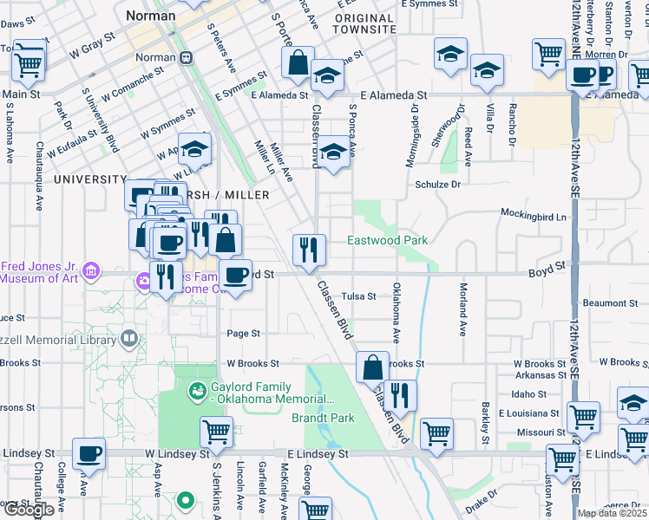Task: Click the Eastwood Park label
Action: (388, 240)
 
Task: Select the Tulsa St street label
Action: (358, 296)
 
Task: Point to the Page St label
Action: (243, 334)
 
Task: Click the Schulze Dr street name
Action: (436, 185)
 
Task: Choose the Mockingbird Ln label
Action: (533, 214)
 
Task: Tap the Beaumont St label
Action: (610, 303)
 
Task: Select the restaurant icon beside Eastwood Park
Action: (309, 250)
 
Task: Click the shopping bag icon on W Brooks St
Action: (372, 366)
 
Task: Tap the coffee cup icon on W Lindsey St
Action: (88, 453)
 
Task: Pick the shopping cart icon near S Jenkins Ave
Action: (216, 431)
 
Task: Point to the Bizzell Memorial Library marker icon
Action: (129, 337)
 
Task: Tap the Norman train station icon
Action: (186, 57)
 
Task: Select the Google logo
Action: (28, 510)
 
